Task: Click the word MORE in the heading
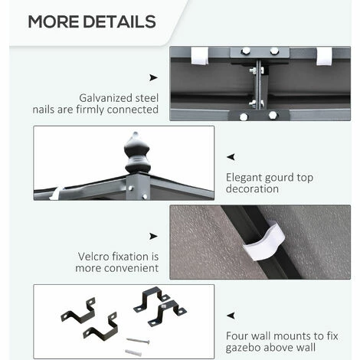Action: [54, 21]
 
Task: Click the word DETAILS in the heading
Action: [119, 21]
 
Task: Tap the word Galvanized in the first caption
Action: [106, 99]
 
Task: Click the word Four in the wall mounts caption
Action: [236, 335]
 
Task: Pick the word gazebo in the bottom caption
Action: [243, 348]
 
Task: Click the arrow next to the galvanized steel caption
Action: [153, 77]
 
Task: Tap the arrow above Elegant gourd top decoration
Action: [231, 157]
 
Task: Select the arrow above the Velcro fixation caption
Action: [153, 236]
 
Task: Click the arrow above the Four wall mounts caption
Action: [231, 316]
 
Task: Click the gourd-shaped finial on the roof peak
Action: [137, 152]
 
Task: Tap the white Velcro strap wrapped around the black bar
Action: [264, 241]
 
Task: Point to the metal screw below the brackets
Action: [138, 341]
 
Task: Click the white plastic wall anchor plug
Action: [133, 352]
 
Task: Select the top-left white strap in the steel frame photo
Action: [200, 56]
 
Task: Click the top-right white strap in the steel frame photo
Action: [324, 56]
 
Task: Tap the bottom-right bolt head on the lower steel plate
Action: [273, 115]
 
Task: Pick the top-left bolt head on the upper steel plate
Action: [246, 51]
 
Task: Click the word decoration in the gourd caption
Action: [252, 189]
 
